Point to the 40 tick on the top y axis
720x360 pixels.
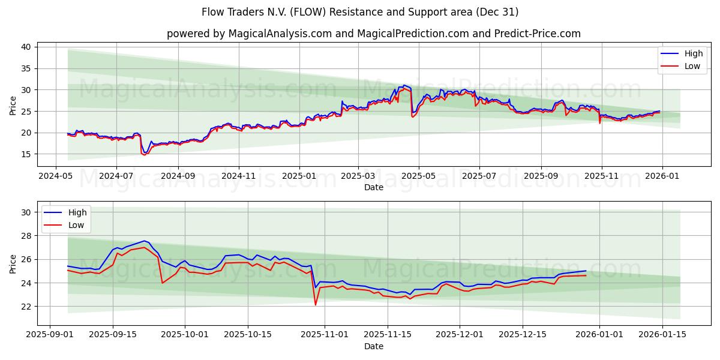point(26,47)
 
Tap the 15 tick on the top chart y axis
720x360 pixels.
point(26,154)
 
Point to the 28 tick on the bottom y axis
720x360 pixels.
point(26,236)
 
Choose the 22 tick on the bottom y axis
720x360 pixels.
point(26,306)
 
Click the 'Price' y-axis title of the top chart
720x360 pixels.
point(13,105)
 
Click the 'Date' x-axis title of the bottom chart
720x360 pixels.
point(373,346)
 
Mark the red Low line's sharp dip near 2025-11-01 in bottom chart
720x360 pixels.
point(316,304)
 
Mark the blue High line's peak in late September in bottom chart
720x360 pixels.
point(145,241)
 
